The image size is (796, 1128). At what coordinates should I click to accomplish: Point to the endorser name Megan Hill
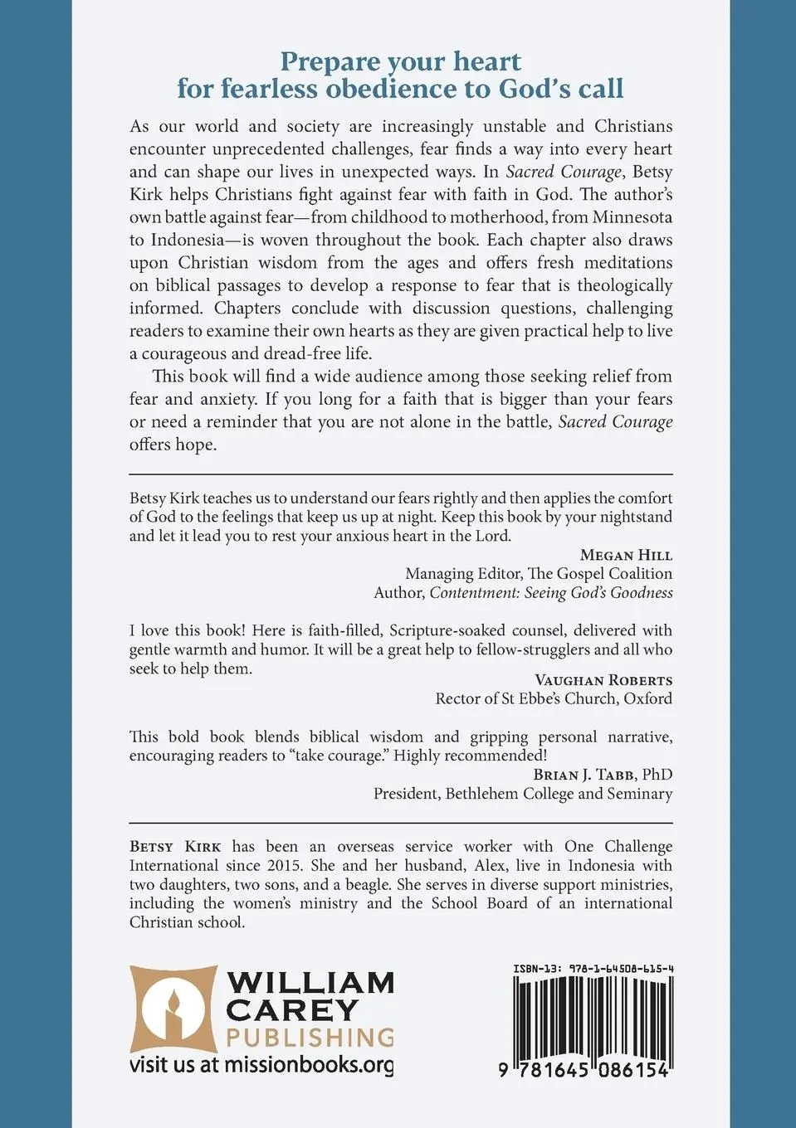coord(626,555)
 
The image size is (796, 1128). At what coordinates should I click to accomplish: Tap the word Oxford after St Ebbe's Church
coord(647,698)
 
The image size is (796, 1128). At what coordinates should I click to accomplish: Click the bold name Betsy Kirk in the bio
coord(175,847)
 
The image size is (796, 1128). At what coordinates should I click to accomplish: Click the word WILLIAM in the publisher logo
coord(310,983)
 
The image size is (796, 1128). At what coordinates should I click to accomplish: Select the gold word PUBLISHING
coord(310,1038)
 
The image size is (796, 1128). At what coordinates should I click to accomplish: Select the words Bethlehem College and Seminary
coord(559,794)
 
